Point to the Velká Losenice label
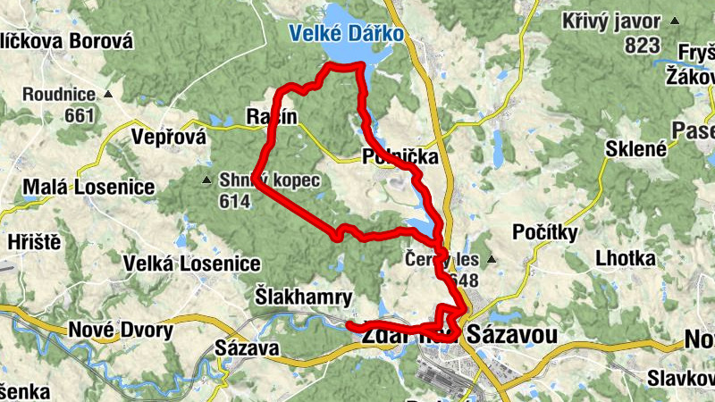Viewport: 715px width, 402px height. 192,264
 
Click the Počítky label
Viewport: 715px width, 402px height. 548,232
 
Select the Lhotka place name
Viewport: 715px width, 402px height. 627,258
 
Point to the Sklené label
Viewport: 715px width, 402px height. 636,149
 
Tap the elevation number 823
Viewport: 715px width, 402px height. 643,46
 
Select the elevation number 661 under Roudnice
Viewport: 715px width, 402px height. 80,115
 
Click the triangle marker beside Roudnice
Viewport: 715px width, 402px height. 109,94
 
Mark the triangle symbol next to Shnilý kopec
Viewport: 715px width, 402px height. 207,180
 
